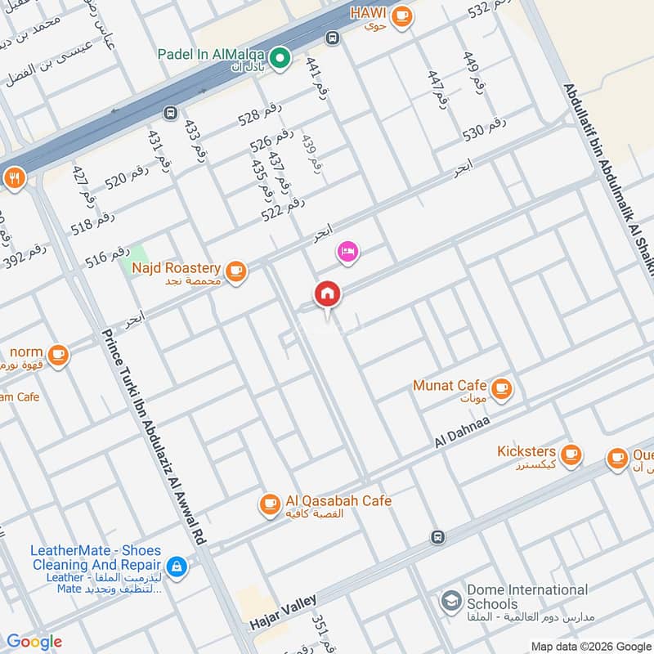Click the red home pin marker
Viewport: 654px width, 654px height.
[328, 294]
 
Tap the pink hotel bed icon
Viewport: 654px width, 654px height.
[347, 252]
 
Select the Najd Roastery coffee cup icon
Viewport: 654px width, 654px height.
[236, 270]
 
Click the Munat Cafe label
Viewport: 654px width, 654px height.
[450, 386]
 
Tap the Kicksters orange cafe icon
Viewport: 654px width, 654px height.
[571, 454]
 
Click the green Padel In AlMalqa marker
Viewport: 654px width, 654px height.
[280, 58]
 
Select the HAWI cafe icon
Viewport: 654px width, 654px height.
[401, 16]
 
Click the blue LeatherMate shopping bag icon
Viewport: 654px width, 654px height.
[176, 565]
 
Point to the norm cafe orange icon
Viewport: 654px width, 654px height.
[58, 354]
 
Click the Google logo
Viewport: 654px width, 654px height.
[34, 642]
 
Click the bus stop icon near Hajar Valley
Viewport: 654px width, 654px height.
[437, 537]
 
